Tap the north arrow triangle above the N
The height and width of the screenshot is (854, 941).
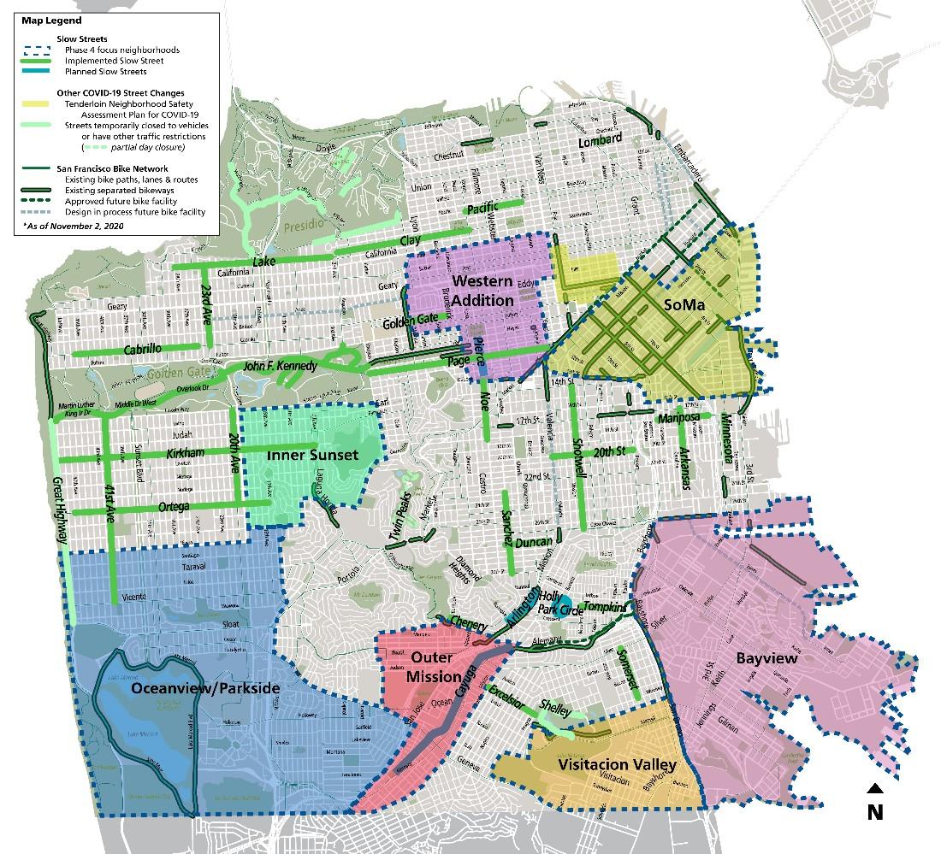pyautogui.click(x=874, y=788)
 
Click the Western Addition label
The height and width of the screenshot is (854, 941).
pyautogui.click(x=482, y=291)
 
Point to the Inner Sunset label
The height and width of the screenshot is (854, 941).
pyautogui.click(x=312, y=455)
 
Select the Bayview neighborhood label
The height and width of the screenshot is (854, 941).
pyautogui.click(x=766, y=658)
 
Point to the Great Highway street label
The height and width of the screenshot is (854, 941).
pyautogui.click(x=61, y=510)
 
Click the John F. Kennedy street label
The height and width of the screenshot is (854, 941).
pyautogui.click(x=280, y=367)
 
